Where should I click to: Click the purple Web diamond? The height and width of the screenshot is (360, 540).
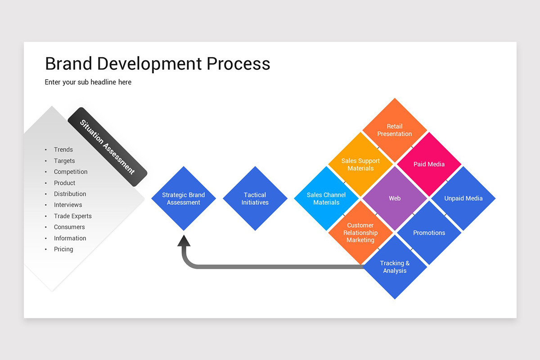pos(395,198)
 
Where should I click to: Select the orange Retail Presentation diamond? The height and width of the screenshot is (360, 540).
pos(395,130)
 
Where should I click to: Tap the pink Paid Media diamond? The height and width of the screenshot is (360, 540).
pos(429,164)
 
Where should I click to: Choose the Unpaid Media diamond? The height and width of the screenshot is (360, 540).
pos(463,198)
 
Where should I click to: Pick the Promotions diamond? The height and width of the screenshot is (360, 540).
pos(429,233)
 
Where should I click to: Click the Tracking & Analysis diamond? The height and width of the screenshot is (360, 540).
pos(395,267)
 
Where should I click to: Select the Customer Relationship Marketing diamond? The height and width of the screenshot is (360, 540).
pos(360,233)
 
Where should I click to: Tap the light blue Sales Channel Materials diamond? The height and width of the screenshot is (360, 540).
pos(326,198)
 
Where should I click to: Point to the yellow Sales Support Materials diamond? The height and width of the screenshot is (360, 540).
pos(360,164)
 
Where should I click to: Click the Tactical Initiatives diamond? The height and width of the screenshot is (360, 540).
pos(255,198)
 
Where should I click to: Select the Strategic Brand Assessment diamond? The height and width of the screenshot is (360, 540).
pos(184,198)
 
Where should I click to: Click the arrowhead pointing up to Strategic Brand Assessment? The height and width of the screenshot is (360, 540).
pos(184,241)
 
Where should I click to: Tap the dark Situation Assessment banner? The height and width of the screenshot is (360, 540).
pos(108,147)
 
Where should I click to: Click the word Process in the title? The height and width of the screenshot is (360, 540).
pos(238,64)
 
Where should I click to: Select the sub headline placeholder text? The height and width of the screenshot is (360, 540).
pos(88,82)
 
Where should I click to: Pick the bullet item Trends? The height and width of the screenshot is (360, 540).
pos(63,150)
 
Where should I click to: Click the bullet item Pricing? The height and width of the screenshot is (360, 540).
pos(63,249)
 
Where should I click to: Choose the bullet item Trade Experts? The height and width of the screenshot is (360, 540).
pos(73,216)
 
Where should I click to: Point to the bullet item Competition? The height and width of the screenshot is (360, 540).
pos(71,172)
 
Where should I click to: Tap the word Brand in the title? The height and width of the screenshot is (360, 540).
pos(69,64)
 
